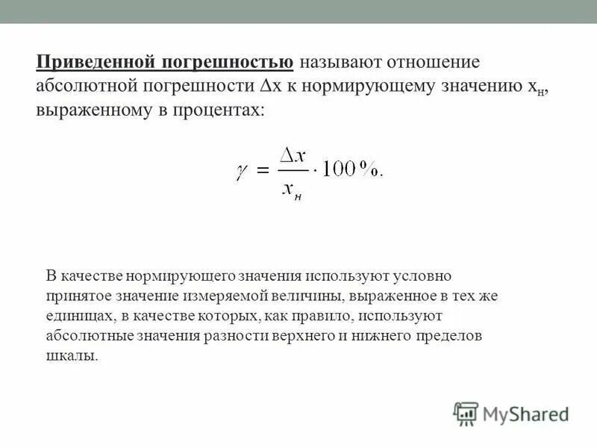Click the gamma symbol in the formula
[241, 171]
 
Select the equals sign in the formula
[262, 171]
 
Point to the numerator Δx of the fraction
[290, 155]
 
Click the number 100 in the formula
[337, 171]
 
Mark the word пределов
[453, 335]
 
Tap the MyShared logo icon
[466, 412]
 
